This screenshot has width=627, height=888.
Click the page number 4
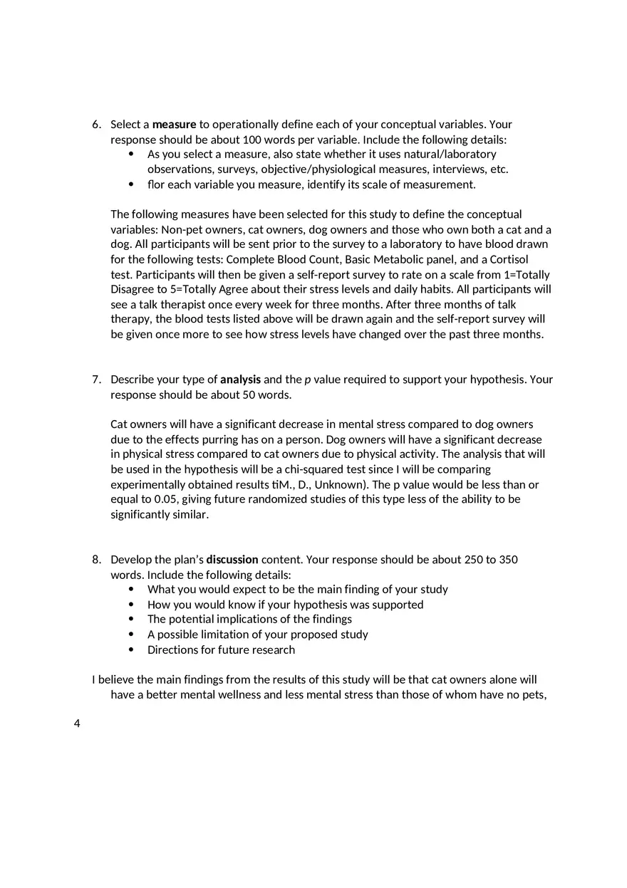click(77, 724)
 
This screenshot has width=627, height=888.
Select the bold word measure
click(174, 125)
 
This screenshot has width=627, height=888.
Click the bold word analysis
click(240, 380)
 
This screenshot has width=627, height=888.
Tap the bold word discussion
click(232, 560)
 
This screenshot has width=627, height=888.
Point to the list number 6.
click(96, 125)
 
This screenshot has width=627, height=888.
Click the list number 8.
click(96, 560)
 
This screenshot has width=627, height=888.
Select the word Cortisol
click(509, 259)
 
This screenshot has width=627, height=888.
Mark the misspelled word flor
click(155, 184)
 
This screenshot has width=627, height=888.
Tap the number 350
click(508, 560)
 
